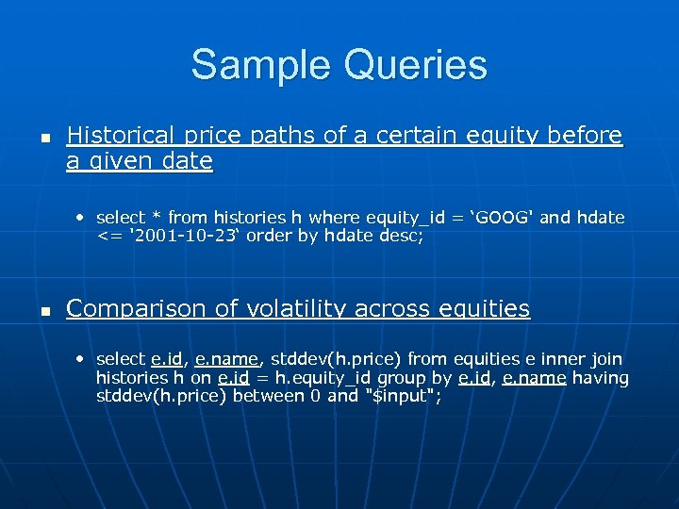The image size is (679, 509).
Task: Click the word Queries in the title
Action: tap(417, 65)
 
